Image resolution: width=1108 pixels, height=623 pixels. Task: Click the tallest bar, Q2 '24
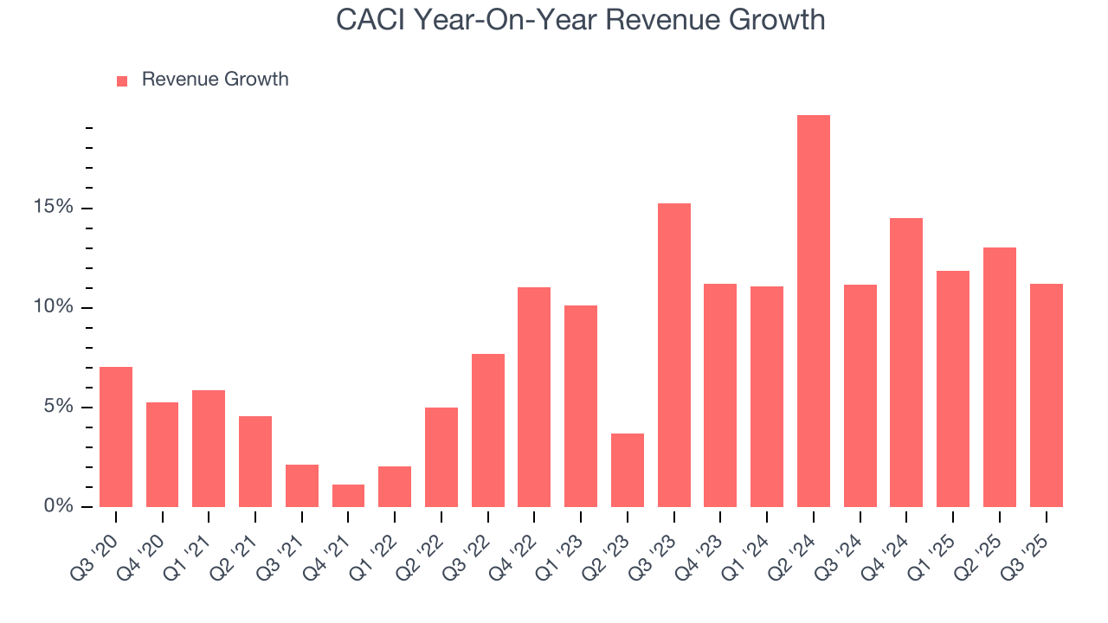[x=813, y=311]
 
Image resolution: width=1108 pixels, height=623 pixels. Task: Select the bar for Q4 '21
[x=348, y=496]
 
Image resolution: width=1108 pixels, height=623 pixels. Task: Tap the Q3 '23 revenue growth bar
[x=673, y=355]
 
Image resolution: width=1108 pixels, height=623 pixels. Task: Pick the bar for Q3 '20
[x=116, y=437]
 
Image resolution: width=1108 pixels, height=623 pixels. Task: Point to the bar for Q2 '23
[x=627, y=470]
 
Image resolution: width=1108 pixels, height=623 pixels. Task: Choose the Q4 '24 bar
[x=906, y=363]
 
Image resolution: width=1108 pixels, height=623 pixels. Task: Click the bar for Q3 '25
[x=1046, y=395]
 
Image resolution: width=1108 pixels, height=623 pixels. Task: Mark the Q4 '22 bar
[x=534, y=397]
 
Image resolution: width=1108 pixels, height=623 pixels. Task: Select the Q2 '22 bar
[x=441, y=457]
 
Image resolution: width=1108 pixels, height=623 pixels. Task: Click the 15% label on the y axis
[x=54, y=208]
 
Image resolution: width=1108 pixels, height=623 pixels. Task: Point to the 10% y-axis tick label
[x=54, y=307]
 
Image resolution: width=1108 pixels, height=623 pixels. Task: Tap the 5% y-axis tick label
[x=58, y=407]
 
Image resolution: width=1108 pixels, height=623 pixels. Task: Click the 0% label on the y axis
[x=58, y=506]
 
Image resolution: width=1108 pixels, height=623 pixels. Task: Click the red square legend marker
[x=122, y=80]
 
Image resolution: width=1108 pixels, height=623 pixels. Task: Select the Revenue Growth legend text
[x=215, y=80]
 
